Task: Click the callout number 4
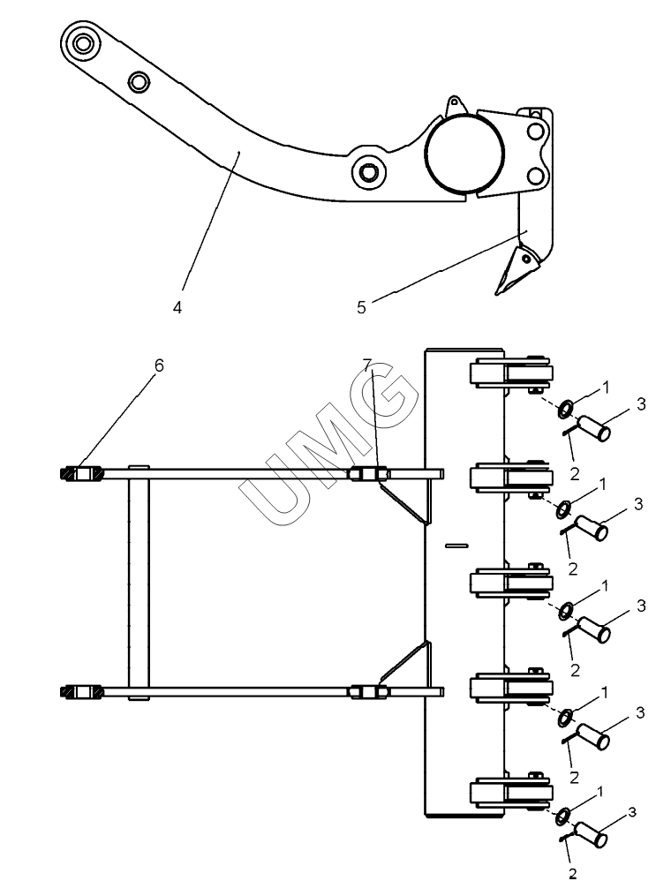click(x=177, y=307)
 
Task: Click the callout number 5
click(x=361, y=307)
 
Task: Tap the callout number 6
click(x=159, y=365)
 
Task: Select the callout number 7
click(x=367, y=364)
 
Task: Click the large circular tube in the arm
click(x=464, y=153)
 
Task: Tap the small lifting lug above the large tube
click(x=455, y=104)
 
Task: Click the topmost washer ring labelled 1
click(x=566, y=409)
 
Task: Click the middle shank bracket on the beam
click(x=511, y=583)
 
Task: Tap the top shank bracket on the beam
click(x=511, y=375)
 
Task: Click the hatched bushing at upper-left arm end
click(x=81, y=474)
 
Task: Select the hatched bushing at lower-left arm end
click(x=81, y=692)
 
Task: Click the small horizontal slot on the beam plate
click(x=456, y=546)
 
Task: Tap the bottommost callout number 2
click(x=572, y=874)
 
